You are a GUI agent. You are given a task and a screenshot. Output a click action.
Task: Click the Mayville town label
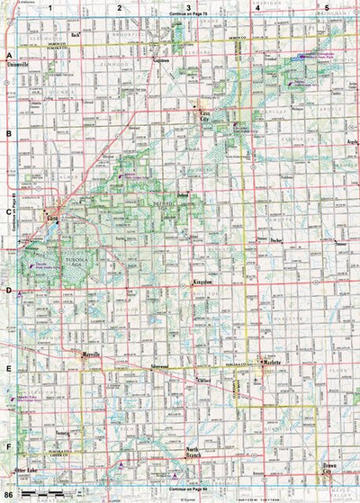point(91,355)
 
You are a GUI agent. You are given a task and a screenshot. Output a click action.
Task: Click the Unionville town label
point(18,65)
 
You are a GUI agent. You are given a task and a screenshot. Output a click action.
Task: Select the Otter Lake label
point(27,471)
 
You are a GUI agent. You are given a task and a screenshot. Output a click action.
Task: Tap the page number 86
point(8,495)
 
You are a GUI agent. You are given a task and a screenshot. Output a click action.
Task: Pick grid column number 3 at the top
point(187,7)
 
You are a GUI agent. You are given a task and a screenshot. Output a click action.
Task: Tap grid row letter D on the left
point(8,290)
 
